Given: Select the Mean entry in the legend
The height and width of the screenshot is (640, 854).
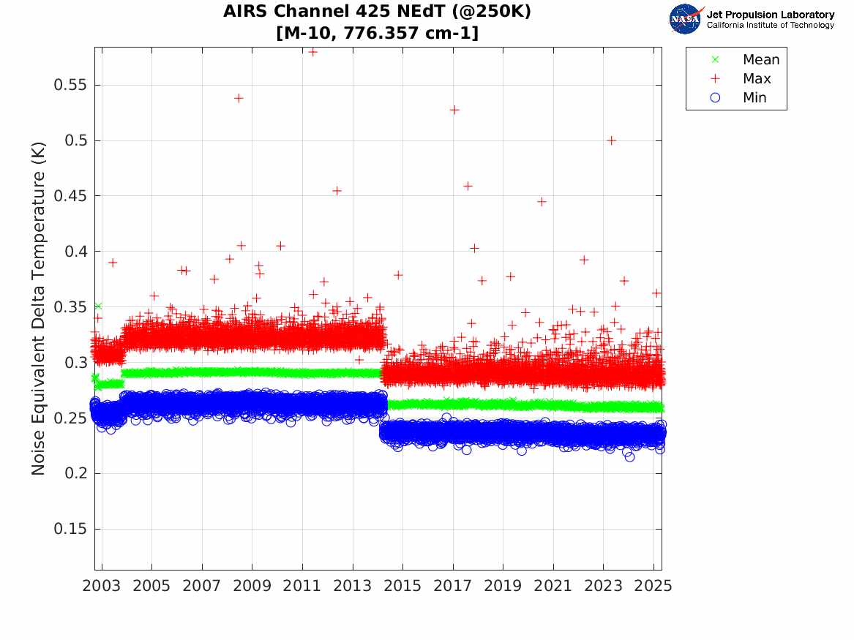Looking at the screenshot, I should coord(760,59).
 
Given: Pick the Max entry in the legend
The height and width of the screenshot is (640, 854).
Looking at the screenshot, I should coord(757,78).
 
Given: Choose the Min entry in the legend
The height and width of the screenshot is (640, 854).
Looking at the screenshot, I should coord(754,97).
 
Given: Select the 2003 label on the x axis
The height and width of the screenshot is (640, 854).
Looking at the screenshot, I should coord(102,586).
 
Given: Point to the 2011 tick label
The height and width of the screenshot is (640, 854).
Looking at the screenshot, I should coord(302,586).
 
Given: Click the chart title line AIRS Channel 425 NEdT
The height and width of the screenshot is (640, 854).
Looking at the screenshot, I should coord(378,12).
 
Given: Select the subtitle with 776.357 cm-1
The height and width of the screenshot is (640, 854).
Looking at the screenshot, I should coord(378,33).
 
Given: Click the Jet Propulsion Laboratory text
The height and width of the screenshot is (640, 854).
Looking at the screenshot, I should coord(770,15).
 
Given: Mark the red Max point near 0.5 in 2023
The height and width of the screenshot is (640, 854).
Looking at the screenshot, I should coord(612,140).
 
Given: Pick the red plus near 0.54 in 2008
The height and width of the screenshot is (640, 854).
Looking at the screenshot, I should coord(239,98).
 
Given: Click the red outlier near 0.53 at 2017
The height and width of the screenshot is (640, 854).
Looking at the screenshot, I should coord(454,110).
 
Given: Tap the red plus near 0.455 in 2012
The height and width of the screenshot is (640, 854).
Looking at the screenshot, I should coord(337,190).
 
